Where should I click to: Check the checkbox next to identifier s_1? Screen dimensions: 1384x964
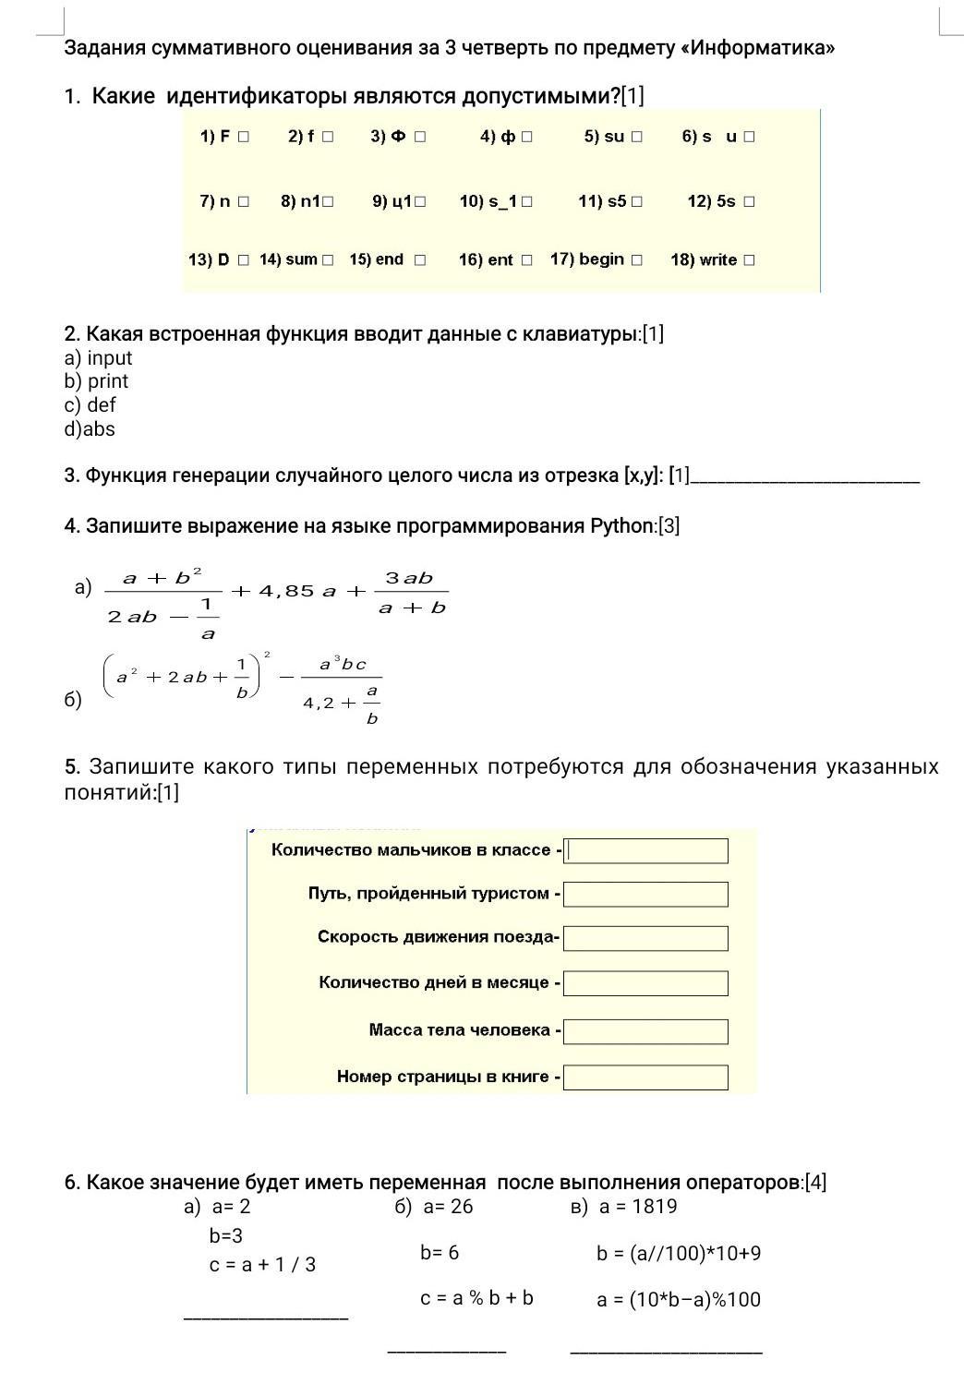(526, 201)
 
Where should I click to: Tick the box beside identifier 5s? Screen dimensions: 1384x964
(749, 201)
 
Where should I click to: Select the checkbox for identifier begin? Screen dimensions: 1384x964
(637, 260)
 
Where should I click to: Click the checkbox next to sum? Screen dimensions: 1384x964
(328, 260)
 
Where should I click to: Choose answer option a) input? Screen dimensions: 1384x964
(98, 358)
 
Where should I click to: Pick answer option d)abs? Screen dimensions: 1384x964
(90, 429)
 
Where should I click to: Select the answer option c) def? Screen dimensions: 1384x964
(90, 405)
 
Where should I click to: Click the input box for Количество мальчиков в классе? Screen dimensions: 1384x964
(645, 850)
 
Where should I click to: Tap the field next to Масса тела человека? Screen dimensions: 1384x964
(645, 1031)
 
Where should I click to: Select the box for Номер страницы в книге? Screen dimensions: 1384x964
(645, 1077)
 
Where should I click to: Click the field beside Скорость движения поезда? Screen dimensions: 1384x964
(645, 938)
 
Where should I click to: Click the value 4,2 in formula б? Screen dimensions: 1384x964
(318, 703)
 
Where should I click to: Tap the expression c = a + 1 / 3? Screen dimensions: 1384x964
(262, 1265)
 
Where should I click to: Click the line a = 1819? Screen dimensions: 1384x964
(637, 1207)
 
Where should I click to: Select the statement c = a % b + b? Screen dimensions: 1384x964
(476, 1298)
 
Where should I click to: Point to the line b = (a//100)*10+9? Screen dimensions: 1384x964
(679, 1254)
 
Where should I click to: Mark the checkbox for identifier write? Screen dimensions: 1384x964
(749, 260)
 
